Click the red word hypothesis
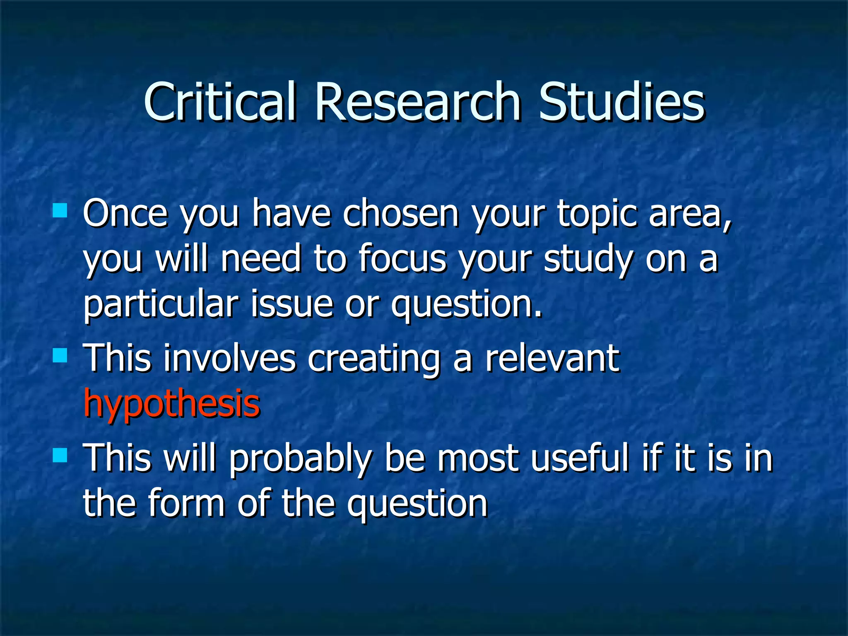point(171,404)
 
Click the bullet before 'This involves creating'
point(60,355)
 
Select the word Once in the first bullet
point(125,213)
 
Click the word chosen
point(401,213)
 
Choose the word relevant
point(552,358)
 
